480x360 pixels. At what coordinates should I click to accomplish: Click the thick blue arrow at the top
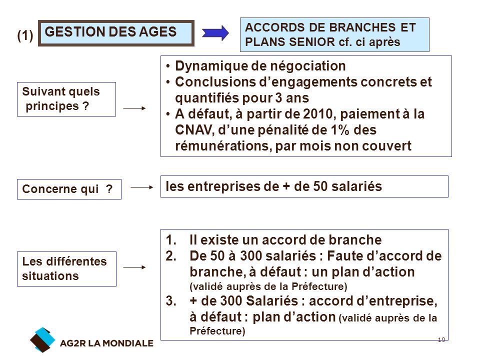point(215,33)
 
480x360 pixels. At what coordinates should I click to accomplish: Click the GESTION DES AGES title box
point(116,33)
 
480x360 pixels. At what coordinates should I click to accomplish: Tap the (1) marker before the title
point(25,35)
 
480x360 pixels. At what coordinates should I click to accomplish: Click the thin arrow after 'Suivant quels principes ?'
point(134,108)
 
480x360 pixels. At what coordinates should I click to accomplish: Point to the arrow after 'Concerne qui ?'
point(141,187)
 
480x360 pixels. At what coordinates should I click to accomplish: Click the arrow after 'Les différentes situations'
point(134,267)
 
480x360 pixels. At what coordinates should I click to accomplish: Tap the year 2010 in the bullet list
point(318,114)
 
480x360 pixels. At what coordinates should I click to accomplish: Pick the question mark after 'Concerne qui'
point(109,189)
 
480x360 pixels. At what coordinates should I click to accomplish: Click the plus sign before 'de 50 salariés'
point(286,186)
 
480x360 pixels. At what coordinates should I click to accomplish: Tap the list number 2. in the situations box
point(171,256)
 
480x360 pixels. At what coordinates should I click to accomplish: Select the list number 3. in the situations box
point(171,301)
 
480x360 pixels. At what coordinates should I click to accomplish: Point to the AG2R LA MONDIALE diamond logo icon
point(42,340)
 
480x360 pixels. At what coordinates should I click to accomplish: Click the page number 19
point(441,340)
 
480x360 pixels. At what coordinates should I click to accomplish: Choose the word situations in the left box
point(50,276)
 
